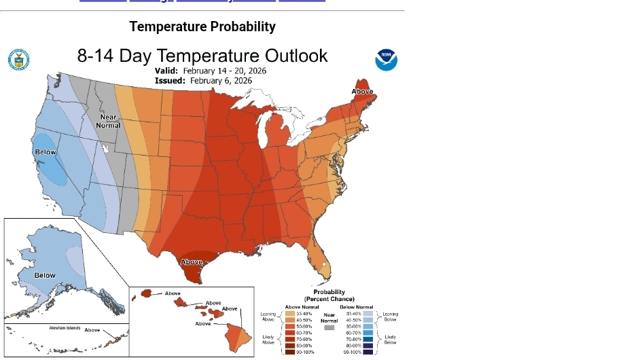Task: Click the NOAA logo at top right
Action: point(386,60)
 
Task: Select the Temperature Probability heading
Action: point(202,26)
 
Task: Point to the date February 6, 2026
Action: point(221,80)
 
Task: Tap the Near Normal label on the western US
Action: point(108,121)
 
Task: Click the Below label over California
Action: point(46,152)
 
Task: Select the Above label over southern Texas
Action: point(192,262)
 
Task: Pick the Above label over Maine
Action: point(362,92)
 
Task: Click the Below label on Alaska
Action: point(45,275)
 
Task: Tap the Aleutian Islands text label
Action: point(65,328)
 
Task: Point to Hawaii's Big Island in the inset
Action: point(238,334)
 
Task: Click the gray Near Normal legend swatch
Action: point(329,327)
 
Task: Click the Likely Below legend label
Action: point(390,340)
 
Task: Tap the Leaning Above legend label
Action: point(268,316)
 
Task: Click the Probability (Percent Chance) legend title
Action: point(329,295)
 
